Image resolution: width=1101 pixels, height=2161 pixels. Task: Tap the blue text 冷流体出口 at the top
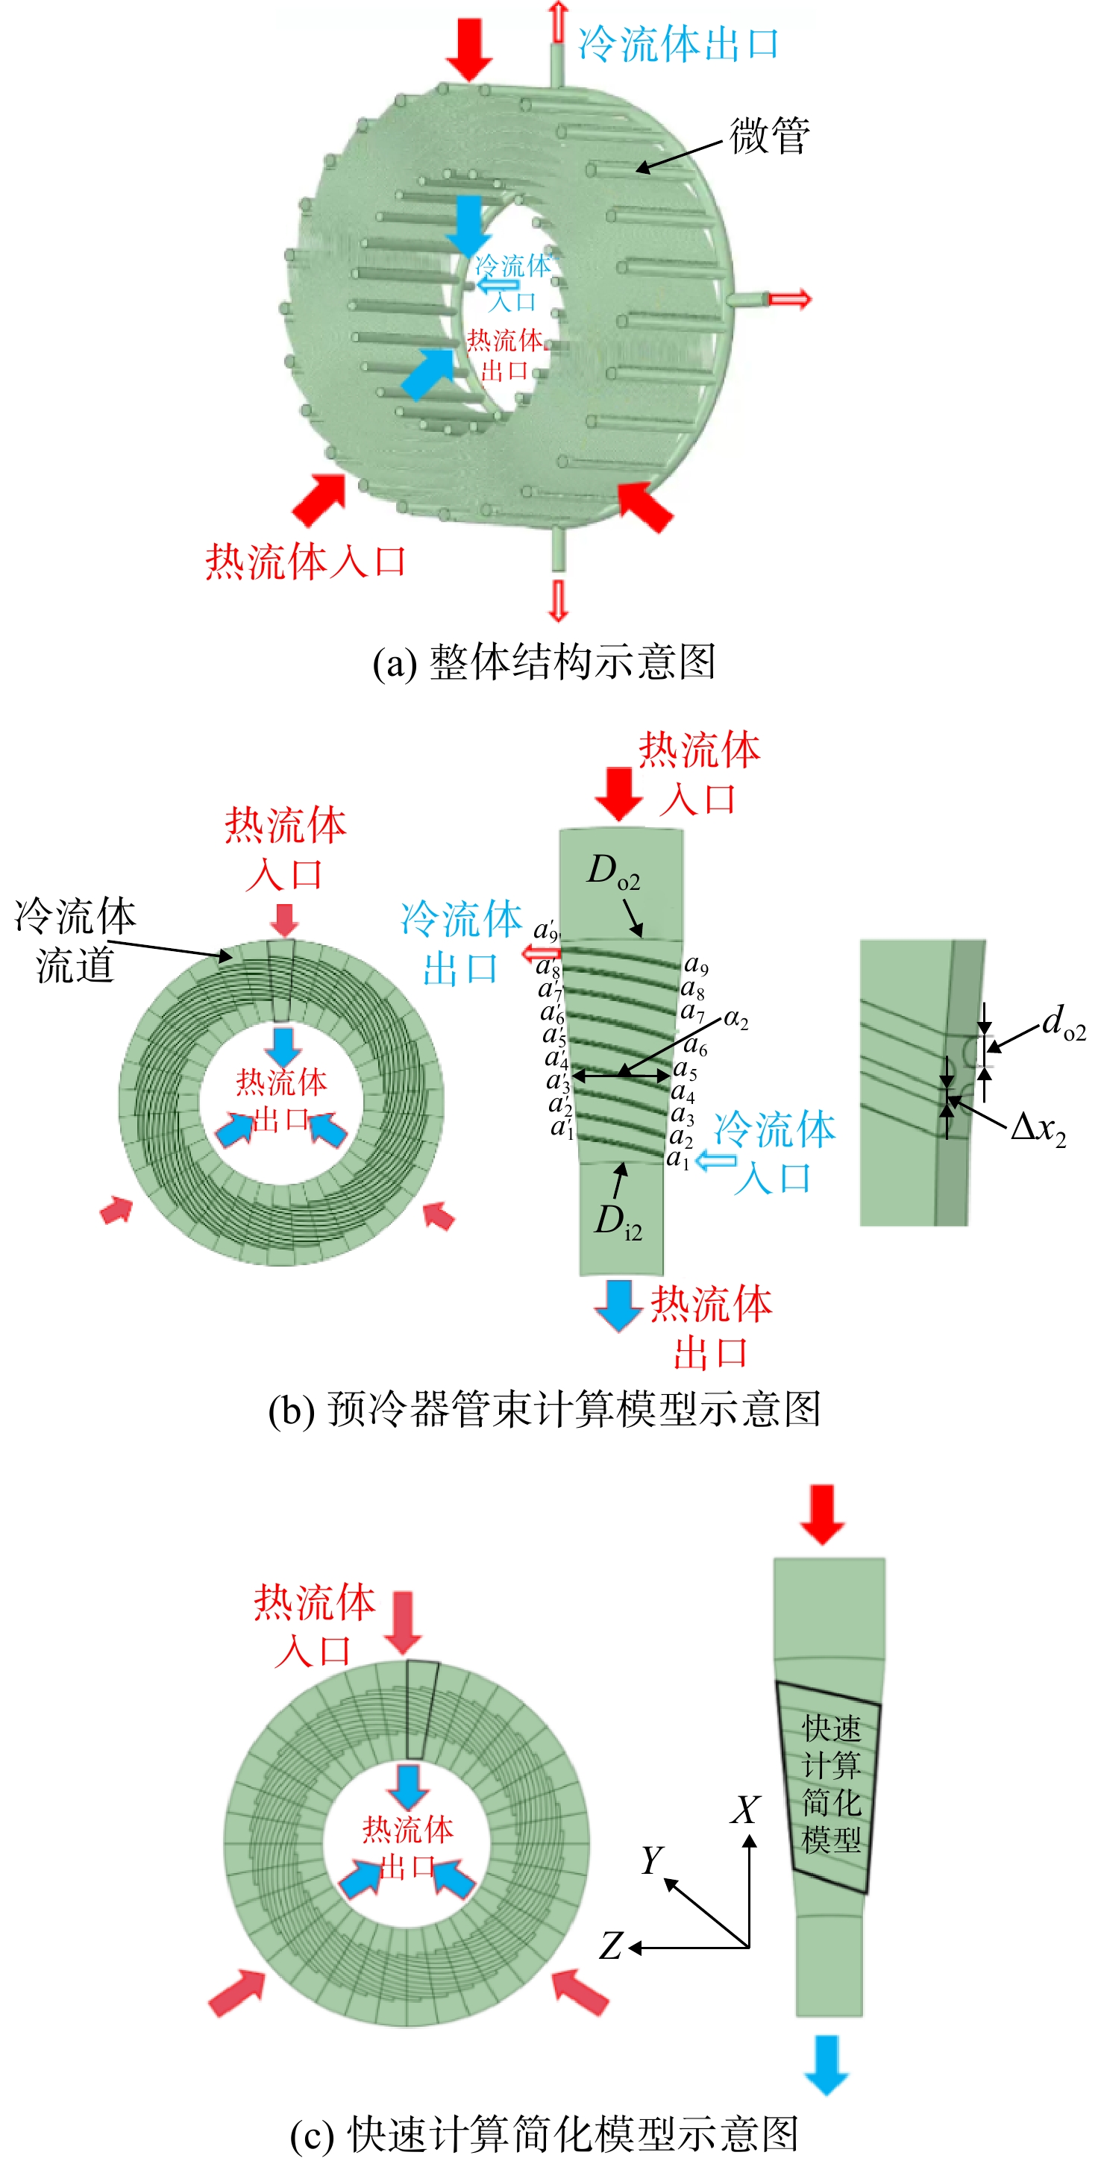point(679,43)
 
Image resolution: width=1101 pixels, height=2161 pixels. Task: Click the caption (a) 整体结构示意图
point(544,662)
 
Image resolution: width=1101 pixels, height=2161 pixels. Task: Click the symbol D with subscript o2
point(613,873)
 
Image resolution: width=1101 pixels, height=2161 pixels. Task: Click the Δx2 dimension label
point(1039,1129)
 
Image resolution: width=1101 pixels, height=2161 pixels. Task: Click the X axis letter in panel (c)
point(745,1810)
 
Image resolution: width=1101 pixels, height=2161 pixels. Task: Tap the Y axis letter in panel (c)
point(652,1860)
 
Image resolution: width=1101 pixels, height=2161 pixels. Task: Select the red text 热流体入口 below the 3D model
point(307,561)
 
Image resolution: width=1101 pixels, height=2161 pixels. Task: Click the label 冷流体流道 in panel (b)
point(75,941)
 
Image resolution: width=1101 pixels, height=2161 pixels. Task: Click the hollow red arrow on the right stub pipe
point(791,298)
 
